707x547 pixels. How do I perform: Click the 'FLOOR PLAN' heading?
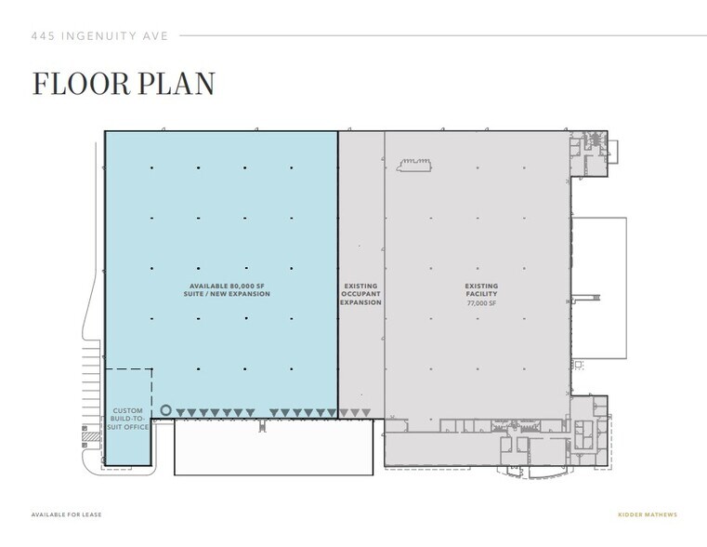click(124, 83)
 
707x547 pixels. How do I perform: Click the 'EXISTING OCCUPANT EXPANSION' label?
click(360, 294)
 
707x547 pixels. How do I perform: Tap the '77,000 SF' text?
click(481, 302)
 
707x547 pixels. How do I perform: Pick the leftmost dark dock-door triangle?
click(180, 412)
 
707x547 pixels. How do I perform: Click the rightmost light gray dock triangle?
click(367, 412)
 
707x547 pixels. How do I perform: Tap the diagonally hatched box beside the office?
click(90, 435)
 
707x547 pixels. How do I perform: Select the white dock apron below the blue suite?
click(273, 447)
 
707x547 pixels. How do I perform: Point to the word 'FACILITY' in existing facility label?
click(481, 294)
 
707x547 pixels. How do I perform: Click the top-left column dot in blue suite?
click(151, 168)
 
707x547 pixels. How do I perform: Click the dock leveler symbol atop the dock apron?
click(263, 427)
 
